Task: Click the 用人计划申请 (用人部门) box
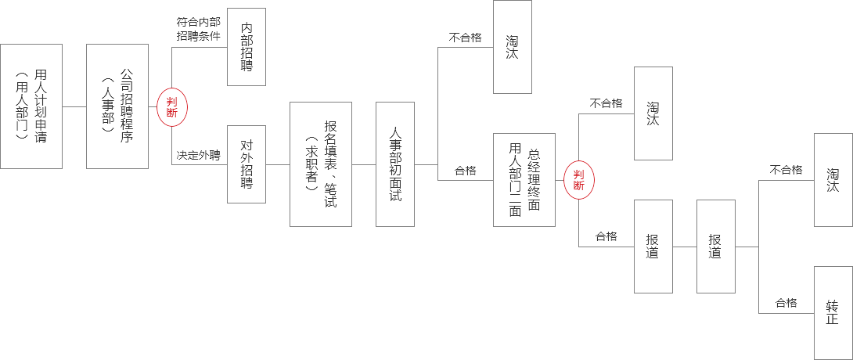click(31, 106)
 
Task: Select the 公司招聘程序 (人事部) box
click(117, 106)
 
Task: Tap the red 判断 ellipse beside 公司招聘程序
click(172, 106)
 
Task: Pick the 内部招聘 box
click(247, 47)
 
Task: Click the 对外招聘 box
click(247, 164)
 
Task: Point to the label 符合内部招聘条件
click(198, 29)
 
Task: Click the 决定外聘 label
click(198, 155)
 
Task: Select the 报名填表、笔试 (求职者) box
click(321, 164)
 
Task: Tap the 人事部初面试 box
click(395, 164)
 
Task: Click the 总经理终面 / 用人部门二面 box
click(524, 180)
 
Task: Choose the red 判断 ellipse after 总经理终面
click(579, 180)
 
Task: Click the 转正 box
click(833, 313)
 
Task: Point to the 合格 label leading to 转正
click(786, 303)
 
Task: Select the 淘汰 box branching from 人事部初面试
click(513, 47)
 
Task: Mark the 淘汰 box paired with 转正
click(833, 180)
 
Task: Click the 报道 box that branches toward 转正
click(716, 247)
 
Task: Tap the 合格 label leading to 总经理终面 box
click(465, 170)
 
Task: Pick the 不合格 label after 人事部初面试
click(465, 37)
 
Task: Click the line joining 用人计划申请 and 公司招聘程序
click(74, 106)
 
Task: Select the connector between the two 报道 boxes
click(685, 247)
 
